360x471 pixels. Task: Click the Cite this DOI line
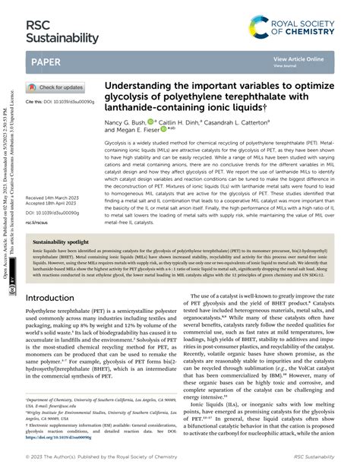(60, 101)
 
